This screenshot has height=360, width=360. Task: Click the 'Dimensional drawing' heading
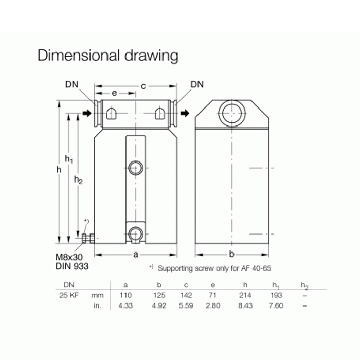pyautogui.click(x=107, y=56)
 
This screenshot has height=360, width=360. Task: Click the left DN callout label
pyautogui.click(x=71, y=84)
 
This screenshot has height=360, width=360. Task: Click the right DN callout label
pyautogui.click(x=197, y=84)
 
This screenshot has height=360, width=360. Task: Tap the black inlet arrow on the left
pyautogui.click(x=87, y=113)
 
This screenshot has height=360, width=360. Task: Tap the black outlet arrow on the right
pyautogui.click(x=185, y=113)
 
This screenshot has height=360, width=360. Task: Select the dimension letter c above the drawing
pyautogui.click(x=143, y=86)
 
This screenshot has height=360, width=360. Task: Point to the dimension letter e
pyautogui.click(x=114, y=93)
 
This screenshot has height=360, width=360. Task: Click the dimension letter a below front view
pyautogui.click(x=136, y=255)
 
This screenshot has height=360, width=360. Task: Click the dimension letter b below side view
pyautogui.click(x=232, y=254)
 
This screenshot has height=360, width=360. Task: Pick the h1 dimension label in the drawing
pyautogui.click(x=68, y=159)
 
